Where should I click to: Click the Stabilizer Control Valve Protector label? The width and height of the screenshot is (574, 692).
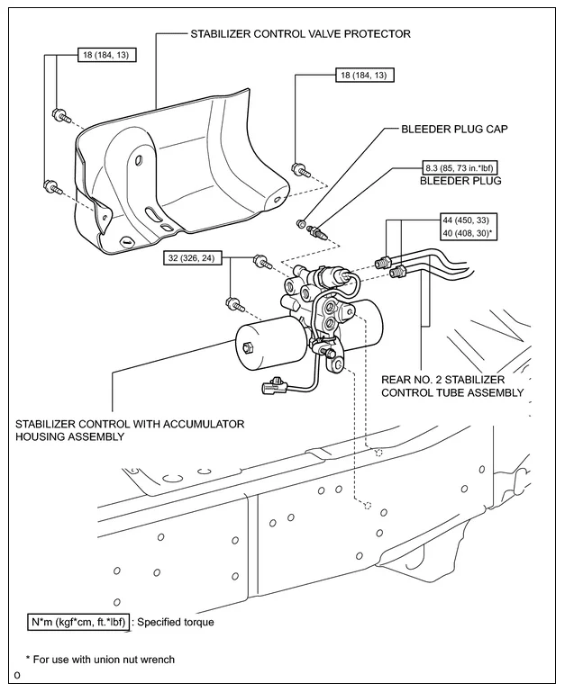300,33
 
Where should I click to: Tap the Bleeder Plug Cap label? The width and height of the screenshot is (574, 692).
454,129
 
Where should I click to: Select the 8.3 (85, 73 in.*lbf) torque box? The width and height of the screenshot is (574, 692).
460,167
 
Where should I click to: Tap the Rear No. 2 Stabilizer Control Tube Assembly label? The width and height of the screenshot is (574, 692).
452,386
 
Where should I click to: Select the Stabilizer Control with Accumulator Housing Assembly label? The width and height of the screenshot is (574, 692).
130,430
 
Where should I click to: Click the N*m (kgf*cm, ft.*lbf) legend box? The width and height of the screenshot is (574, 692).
78,622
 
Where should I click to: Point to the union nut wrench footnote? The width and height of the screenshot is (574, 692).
100,660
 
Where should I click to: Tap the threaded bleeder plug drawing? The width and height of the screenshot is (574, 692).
320,232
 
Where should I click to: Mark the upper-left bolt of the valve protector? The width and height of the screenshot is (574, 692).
61,115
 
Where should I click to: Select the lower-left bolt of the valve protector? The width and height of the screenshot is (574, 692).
53,186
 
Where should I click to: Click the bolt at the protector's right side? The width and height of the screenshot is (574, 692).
301,169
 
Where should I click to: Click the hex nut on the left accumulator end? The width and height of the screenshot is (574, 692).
247,348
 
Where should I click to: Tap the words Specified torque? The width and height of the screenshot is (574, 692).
176,622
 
